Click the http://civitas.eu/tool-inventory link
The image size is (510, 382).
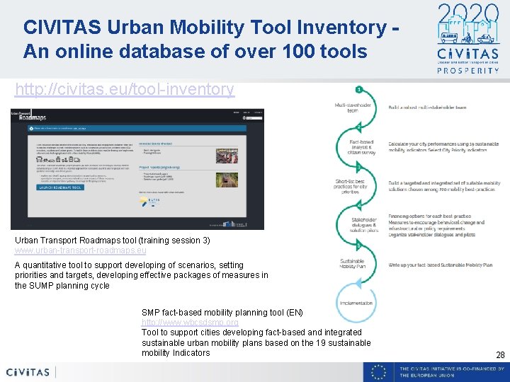[125, 89]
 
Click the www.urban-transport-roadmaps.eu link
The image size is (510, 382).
[81, 250]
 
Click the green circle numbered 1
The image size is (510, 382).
[359, 90]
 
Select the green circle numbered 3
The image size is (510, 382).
[359, 166]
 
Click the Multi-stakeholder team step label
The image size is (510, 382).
[351, 108]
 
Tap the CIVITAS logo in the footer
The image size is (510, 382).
[28, 372]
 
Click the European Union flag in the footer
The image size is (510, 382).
[380, 372]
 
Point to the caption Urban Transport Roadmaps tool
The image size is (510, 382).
[113, 241]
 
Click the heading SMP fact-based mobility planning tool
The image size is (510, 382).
[222, 313]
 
